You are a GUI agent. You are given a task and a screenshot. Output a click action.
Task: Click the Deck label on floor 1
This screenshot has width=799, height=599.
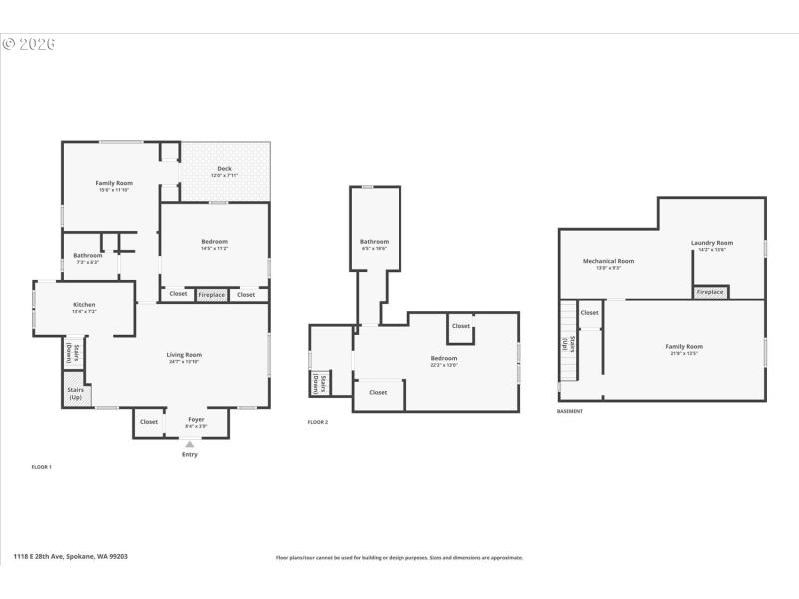[224, 169]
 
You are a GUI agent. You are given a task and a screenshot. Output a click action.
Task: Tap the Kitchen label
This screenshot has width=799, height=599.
[84, 305]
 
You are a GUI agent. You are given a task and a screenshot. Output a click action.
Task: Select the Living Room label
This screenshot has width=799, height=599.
[184, 355]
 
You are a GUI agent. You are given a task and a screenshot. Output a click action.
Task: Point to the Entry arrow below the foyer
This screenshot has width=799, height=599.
[190, 445]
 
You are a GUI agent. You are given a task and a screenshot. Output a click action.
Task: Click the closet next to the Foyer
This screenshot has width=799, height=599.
[149, 422]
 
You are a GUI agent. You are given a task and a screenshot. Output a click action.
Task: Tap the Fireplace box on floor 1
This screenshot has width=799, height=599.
[211, 294]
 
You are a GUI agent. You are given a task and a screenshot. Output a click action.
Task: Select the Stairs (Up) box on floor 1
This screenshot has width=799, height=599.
[76, 393]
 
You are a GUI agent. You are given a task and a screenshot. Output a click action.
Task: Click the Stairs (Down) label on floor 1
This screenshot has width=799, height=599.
[74, 352]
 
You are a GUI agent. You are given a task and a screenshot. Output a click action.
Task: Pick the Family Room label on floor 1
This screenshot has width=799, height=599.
[114, 184]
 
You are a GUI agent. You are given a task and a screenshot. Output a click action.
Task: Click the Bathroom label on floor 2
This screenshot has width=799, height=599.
[375, 243]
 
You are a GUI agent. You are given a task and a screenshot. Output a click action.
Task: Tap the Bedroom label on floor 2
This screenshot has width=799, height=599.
[444, 359]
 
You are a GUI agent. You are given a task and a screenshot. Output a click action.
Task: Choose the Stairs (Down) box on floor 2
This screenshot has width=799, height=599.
[316, 382]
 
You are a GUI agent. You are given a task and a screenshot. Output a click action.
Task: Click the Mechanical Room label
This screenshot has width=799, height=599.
[609, 262]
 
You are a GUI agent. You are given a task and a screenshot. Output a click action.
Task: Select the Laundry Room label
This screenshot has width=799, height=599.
[712, 244]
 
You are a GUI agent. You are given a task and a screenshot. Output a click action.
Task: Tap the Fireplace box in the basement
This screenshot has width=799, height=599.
[710, 292]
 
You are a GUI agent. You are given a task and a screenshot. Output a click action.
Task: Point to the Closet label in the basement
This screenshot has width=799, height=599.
[590, 312]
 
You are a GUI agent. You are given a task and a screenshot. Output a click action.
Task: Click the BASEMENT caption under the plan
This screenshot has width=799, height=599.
[570, 411]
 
